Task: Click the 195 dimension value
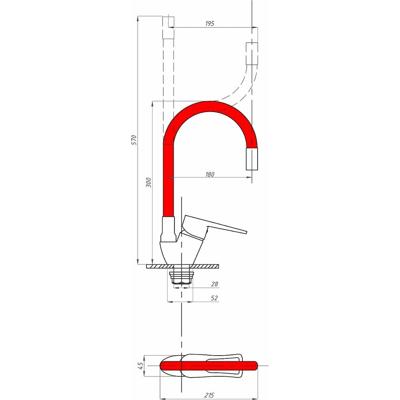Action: click(x=210, y=24)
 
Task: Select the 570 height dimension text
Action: click(x=134, y=140)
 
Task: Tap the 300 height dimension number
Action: click(x=148, y=183)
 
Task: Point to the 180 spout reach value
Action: click(x=210, y=174)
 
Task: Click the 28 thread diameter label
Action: click(x=214, y=284)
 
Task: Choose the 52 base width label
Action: click(x=214, y=298)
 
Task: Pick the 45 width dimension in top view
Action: click(x=140, y=366)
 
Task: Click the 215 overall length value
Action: click(x=209, y=395)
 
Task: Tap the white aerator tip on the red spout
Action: click(x=252, y=159)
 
